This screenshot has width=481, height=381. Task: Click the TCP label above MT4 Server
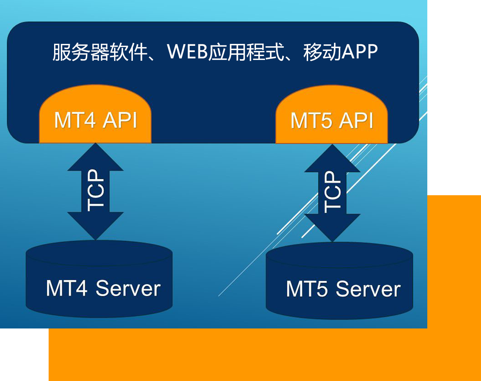pos(96,191)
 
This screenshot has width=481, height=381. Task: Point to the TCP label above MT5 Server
pos(333,192)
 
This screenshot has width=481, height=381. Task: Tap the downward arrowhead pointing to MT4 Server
pos(95,225)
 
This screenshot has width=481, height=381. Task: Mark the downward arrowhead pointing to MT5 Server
pos(332,227)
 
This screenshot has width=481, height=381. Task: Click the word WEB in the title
pos(187,52)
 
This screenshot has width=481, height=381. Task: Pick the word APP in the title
pos(359,52)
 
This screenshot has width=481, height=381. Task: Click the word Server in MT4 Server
pos(128,288)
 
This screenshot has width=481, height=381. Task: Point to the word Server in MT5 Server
pos(368,289)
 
